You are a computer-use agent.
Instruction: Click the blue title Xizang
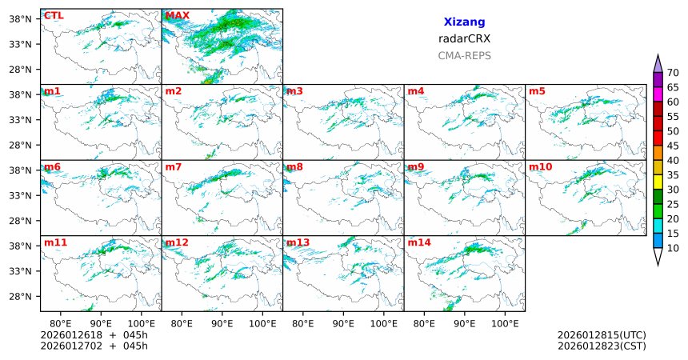point(464,22)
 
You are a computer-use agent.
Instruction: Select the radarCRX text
point(464,38)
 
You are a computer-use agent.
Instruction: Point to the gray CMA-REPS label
point(464,56)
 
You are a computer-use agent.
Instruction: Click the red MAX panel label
point(177,15)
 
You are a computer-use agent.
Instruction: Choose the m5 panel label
point(537,91)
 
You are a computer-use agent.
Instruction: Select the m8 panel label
point(294,166)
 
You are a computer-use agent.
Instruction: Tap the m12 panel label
point(177,242)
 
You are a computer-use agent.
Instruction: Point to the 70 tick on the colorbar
point(673,72)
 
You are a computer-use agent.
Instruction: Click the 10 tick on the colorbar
point(673,249)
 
